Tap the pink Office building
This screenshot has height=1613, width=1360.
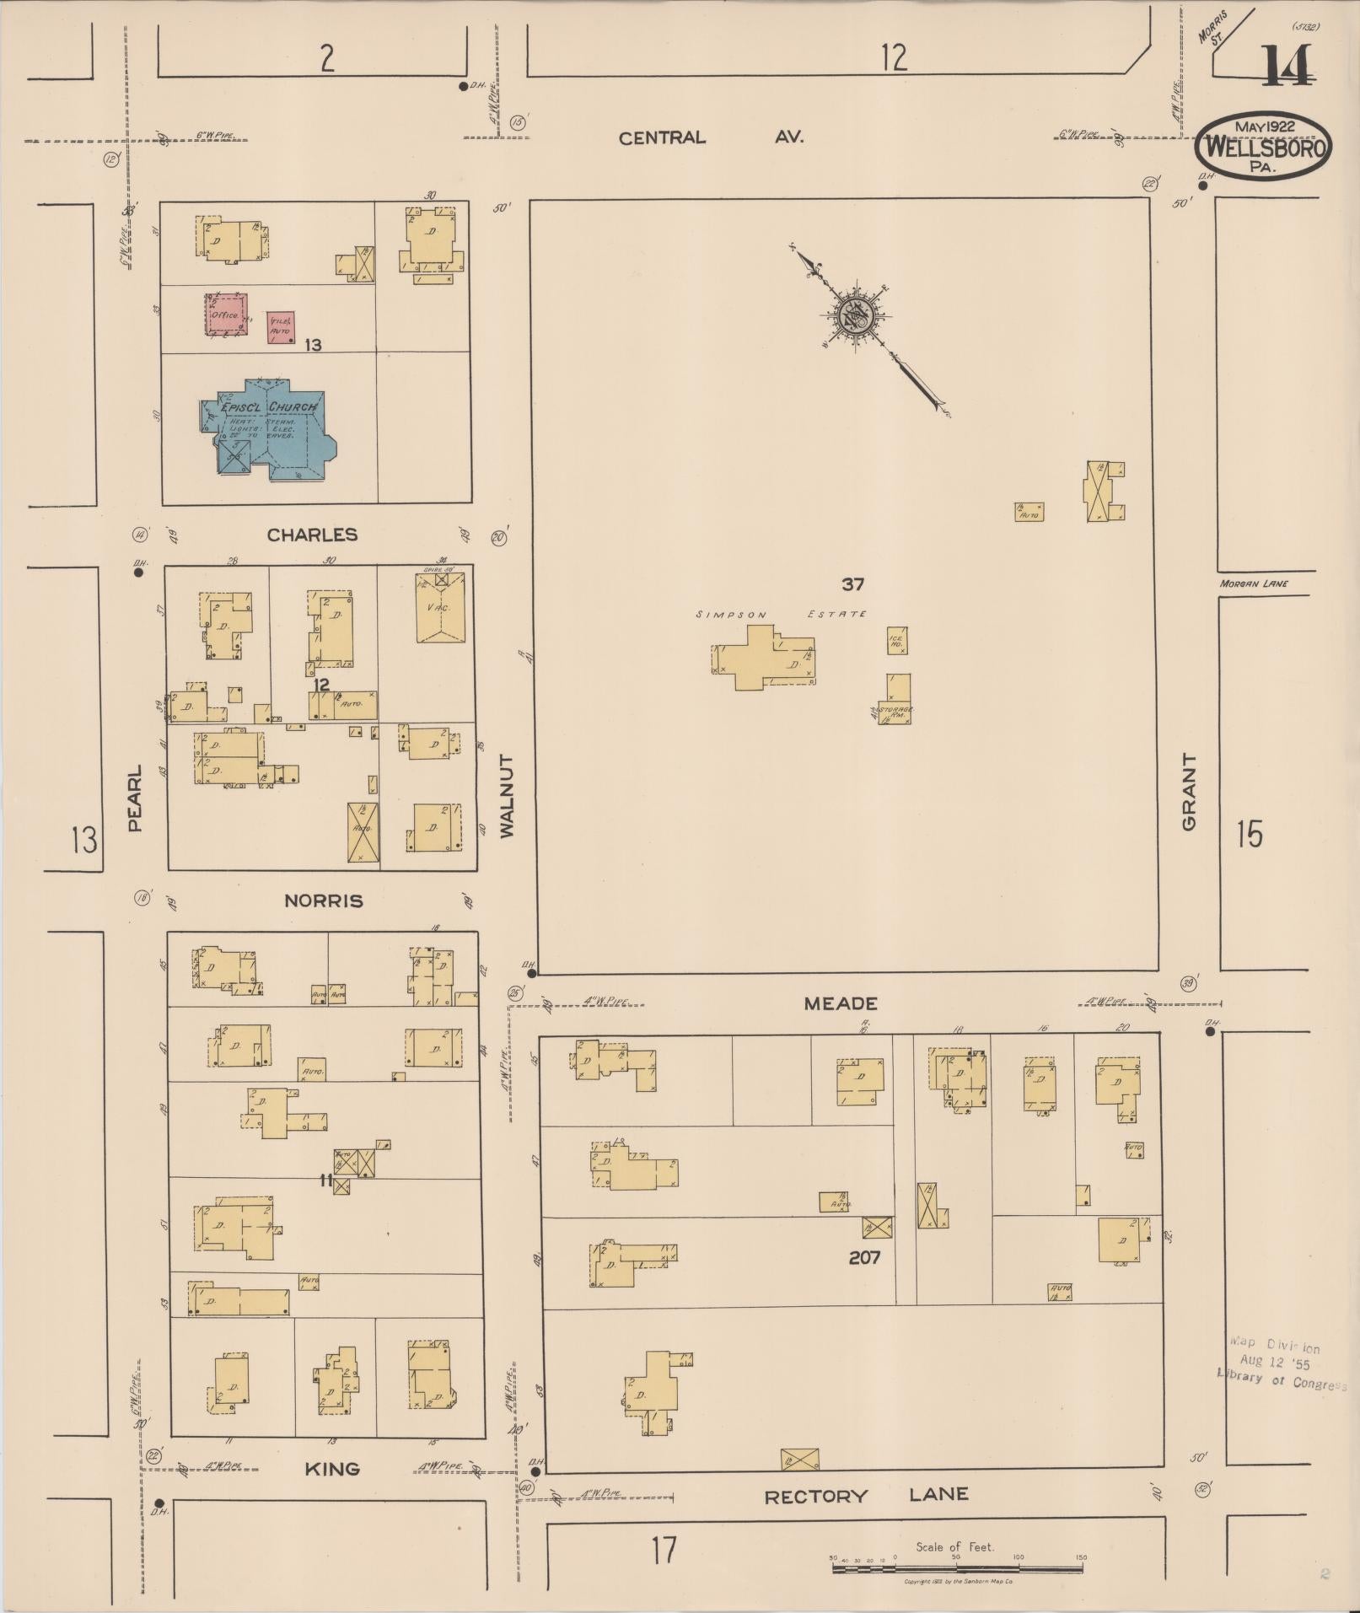tap(227, 314)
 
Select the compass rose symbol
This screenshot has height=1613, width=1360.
tap(857, 315)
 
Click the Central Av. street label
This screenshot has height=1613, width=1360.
tap(710, 137)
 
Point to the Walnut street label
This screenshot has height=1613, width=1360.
tap(506, 795)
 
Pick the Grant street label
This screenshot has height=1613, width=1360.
tap(1190, 792)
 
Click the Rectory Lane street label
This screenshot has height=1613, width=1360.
tap(866, 1496)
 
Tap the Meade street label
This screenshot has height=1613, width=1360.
tap(840, 1003)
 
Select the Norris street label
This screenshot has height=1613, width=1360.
tap(324, 901)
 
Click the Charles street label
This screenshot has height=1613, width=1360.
tap(312, 535)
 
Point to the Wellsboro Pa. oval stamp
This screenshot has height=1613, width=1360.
tap(1264, 146)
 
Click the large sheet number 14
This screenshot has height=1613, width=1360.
tap(1287, 66)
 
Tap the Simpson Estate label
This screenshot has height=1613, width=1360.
tap(781, 615)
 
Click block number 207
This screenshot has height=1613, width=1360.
tap(864, 1257)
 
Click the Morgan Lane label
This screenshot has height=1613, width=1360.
tap(1253, 583)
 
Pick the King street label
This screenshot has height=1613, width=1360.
tap(331, 1469)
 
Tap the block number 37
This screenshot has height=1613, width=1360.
tap(852, 583)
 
